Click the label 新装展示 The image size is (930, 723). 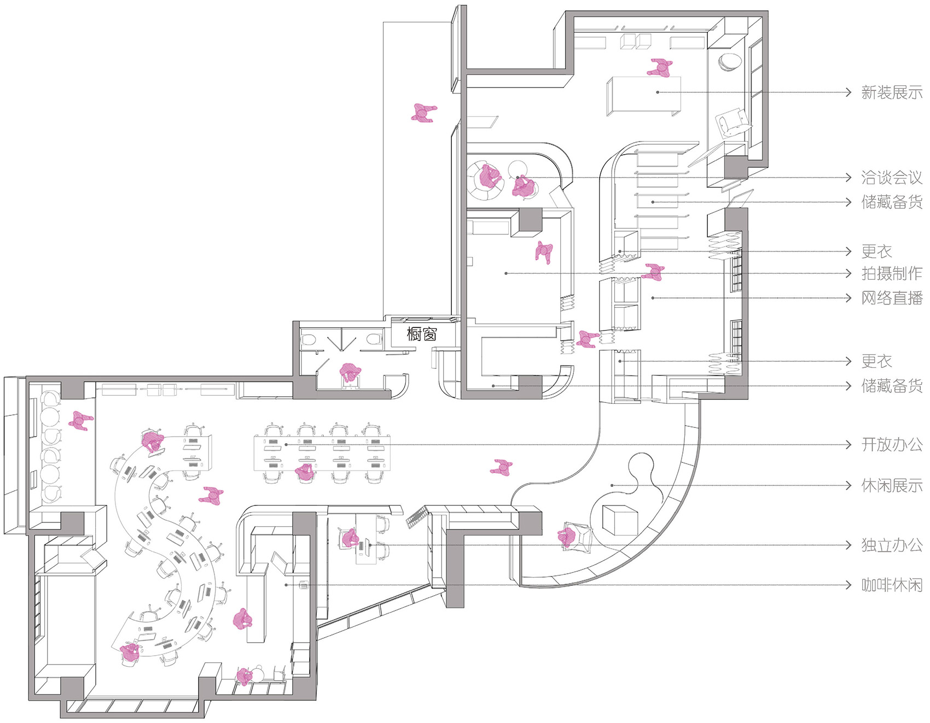892,92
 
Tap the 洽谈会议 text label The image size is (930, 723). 892,177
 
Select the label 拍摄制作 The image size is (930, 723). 892,273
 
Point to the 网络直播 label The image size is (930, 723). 892,298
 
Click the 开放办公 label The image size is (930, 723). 892,444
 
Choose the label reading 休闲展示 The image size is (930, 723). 892,485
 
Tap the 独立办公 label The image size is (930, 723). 892,545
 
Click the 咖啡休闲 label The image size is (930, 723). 892,585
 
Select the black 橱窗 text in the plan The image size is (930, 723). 422,334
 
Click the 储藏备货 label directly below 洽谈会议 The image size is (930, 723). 892,202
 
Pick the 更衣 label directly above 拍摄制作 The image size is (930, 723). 876,251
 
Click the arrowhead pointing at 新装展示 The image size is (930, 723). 848,92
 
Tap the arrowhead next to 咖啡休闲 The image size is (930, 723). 848,585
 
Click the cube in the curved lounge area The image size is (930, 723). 620,519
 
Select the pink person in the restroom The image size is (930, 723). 350,373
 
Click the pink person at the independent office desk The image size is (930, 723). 350,538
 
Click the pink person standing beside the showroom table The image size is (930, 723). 660,68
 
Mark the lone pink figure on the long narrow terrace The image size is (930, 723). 423,113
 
